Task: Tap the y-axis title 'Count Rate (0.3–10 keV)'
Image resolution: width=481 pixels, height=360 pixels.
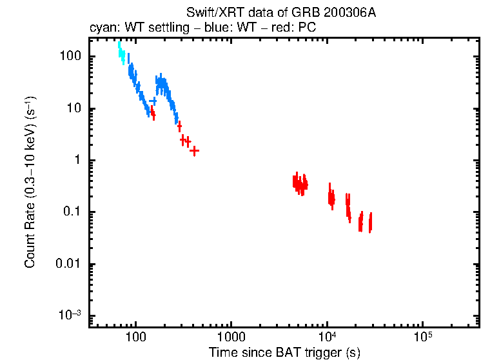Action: (x=30, y=183)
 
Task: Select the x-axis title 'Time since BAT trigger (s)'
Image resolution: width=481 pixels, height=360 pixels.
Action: (x=284, y=352)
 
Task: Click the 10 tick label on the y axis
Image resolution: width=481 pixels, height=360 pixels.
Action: (x=74, y=108)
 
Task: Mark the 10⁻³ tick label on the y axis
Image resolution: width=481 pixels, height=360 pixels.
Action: (x=70, y=315)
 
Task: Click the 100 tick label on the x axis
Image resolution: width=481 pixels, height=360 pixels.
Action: (x=135, y=337)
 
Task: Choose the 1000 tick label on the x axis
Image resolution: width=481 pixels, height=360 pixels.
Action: (x=231, y=337)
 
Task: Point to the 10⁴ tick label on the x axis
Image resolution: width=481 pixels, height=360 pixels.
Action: (x=327, y=336)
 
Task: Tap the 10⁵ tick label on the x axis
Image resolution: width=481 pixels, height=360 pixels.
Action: (x=422, y=336)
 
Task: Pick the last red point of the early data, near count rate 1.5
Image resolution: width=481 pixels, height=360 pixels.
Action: (x=194, y=150)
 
